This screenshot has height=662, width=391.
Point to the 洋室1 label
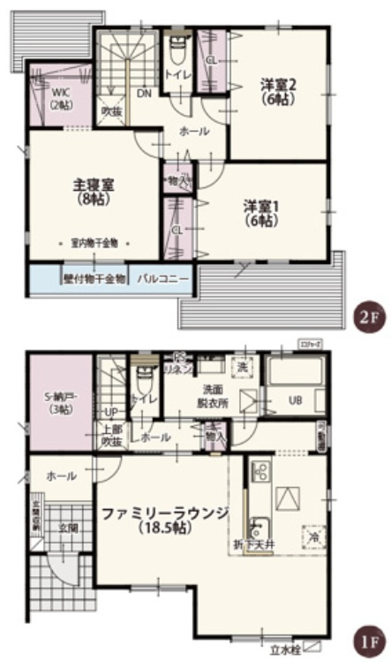(x=261, y=213)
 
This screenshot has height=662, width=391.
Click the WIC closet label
(x=61, y=98)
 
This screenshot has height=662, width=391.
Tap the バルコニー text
(x=163, y=278)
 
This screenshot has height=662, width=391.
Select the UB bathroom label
(x=297, y=400)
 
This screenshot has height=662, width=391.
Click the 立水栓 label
(x=285, y=651)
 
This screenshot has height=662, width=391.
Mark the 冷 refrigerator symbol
(x=312, y=536)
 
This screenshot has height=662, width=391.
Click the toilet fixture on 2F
(x=177, y=43)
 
